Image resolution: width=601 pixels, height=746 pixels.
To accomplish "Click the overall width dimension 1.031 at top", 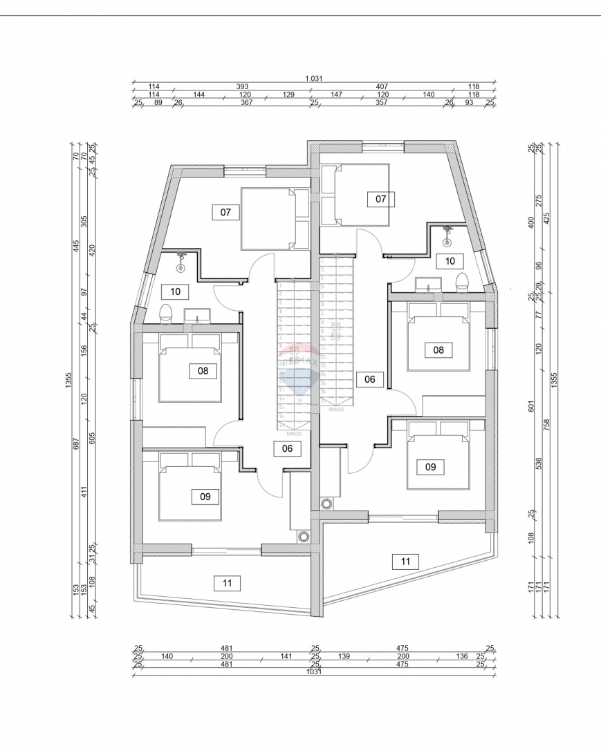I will [314, 79].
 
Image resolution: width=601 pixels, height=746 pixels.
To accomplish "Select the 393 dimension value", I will [242, 87].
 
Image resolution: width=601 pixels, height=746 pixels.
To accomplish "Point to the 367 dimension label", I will [246, 102].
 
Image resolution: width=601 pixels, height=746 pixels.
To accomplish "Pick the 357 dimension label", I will [381, 102].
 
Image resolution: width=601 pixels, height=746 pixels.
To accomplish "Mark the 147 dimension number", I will [337, 95].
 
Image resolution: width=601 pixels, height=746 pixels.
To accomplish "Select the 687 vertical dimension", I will [77, 443].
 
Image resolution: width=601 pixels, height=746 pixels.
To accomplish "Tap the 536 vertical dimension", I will [539, 463].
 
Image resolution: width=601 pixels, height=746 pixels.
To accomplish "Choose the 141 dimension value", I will [288, 656].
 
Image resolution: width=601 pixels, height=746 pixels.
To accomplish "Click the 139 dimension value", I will [344, 656].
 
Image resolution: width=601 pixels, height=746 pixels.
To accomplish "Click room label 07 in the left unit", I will [225, 212].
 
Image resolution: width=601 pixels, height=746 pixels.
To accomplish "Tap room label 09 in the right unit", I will [430, 467].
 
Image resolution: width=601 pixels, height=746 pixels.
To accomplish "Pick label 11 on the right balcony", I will [405, 562].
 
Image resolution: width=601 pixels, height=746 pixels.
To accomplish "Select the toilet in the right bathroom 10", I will [463, 282].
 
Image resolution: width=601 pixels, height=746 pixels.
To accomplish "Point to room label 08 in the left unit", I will [203, 371].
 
